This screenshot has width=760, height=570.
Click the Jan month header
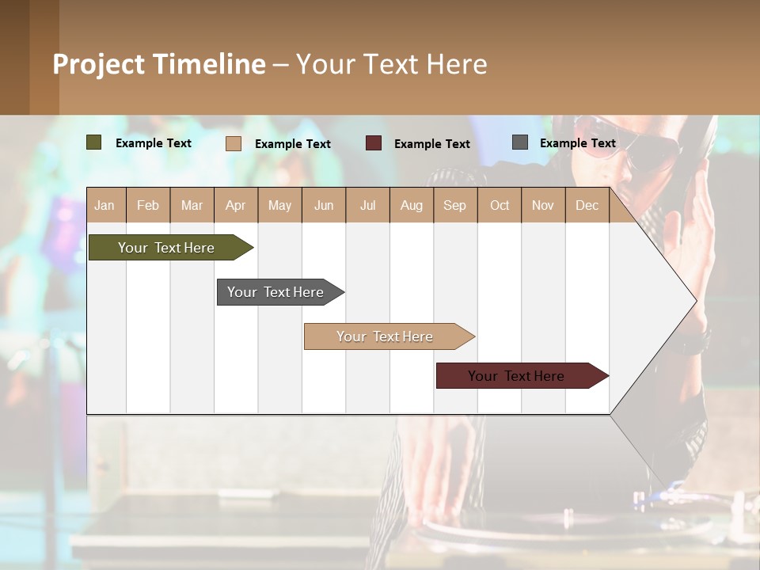point(104,206)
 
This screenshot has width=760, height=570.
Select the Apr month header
point(235,206)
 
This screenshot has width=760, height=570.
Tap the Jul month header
point(367,206)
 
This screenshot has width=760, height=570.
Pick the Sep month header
point(454,206)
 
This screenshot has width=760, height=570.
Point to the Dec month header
point(587,206)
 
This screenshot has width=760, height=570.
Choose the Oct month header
point(500,206)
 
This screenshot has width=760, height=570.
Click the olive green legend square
point(94,142)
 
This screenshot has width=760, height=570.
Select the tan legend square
point(234,143)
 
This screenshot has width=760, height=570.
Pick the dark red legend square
point(374,143)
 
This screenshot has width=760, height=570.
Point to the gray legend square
point(520,142)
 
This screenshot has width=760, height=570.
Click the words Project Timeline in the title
point(158,64)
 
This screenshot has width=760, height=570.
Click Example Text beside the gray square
point(577,143)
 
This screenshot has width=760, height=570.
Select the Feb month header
point(148,206)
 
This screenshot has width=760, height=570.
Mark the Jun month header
point(324,206)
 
